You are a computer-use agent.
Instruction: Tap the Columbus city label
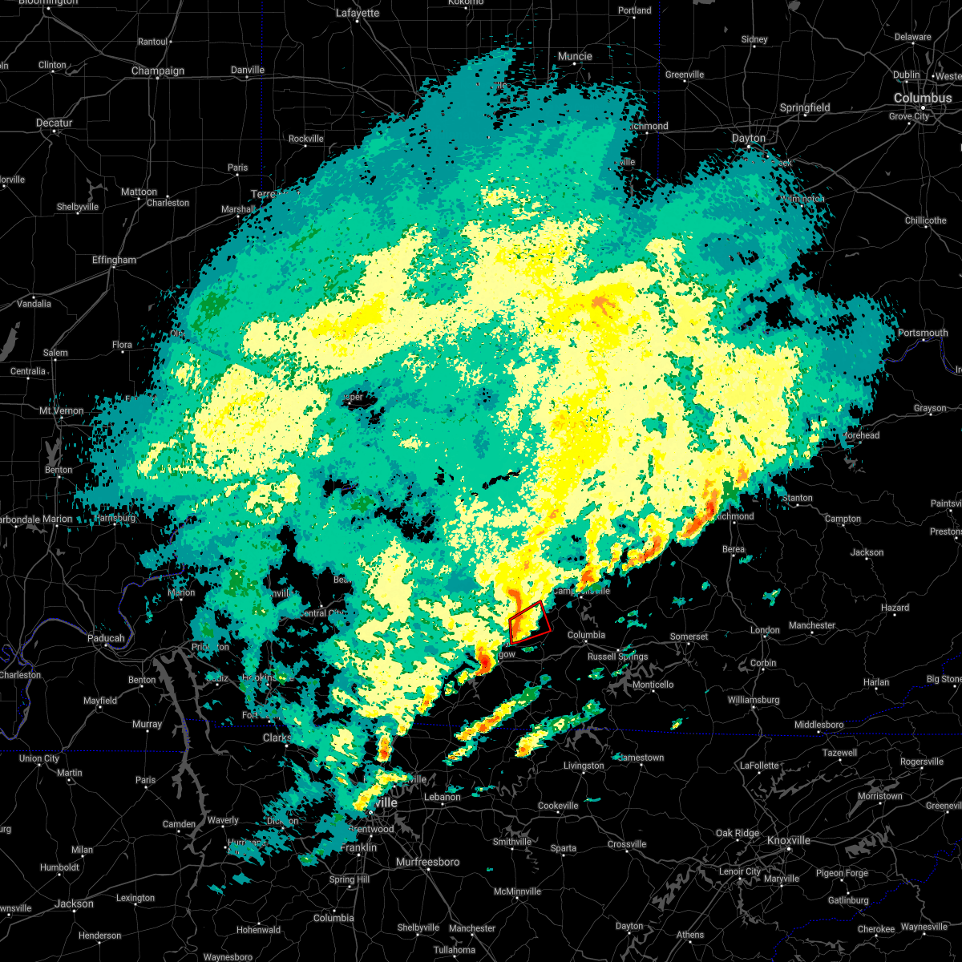(923, 98)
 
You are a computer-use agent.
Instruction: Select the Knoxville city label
(788, 840)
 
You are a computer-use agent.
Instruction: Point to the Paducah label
(106, 638)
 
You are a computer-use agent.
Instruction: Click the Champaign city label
(158, 71)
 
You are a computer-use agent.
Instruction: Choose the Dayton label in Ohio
(748, 138)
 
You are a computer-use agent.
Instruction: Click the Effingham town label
(114, 260)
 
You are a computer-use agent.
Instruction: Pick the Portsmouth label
(922, 333)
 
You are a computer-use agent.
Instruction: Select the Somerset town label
(689, 637)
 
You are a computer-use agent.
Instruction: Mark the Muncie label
(574, 56)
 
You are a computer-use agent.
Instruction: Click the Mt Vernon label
(62, 410)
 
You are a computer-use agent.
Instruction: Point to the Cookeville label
(558, 806)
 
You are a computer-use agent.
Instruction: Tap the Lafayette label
(357, 13)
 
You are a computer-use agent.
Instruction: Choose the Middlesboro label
(819, 725)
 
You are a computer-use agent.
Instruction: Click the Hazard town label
(895, 608)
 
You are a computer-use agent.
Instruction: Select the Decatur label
(55, 123)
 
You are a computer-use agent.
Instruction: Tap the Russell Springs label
(617, 657)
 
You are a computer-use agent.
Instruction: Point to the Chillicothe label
(926, 220)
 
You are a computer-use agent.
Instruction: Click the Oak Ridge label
(738, 834)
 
